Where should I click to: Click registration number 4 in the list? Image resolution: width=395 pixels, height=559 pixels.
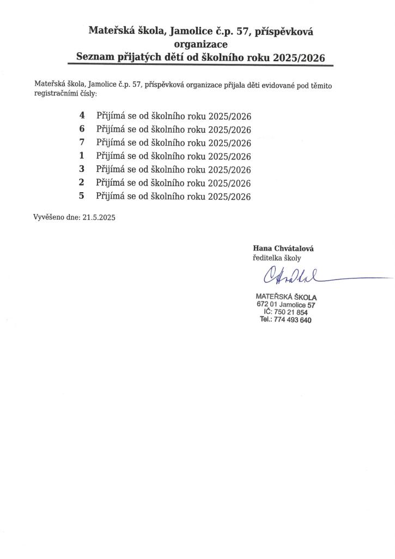click(82, 116)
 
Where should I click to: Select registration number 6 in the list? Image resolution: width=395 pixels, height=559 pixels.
click(82, 129)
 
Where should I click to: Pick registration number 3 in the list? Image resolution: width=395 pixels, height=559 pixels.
click(82, 169)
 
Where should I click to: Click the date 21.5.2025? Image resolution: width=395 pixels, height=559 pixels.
click(99, 217)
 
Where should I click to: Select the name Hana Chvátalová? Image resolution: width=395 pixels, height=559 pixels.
click(283, 248)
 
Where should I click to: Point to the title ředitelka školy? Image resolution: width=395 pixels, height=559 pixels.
click(276, 258)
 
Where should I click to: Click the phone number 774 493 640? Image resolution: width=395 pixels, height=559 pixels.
click(294, 320)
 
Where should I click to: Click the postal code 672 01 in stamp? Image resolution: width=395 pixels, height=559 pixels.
click(267, 305)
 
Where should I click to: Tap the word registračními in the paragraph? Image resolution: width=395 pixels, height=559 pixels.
click(56, 94)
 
